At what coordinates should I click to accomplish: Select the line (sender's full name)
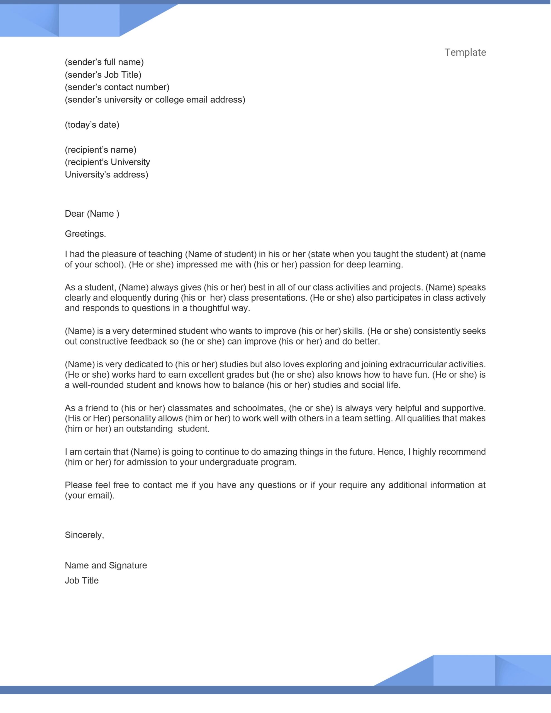(104, 62)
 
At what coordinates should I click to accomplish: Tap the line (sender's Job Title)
(103, 75)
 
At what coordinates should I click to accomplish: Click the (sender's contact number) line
(117, 87)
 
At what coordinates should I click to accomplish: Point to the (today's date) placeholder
(92, 125)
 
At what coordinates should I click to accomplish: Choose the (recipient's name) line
(101, 150)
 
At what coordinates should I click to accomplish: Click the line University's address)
(106, 175)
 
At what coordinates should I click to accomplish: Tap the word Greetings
(85, 234)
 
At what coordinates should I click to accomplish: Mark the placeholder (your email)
(89, 495)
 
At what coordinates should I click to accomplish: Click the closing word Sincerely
(84, 535)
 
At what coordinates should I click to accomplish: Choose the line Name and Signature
(106, 565)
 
